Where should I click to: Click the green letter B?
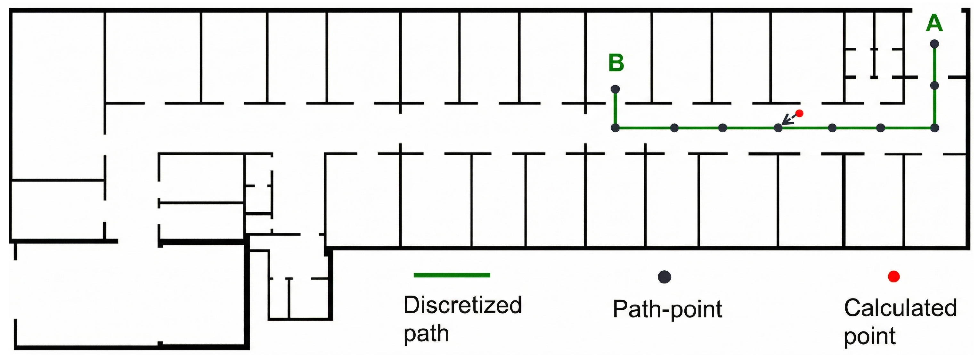point(616,63)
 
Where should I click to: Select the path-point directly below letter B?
point(615,89)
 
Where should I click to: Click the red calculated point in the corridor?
point(799,113)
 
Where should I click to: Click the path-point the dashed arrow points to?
point(778,128)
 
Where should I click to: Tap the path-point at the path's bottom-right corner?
point(935,128)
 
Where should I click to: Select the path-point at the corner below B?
point(615,128)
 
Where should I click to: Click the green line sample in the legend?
point(452,275)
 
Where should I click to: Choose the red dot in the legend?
point(894,276)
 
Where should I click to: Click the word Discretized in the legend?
point(462,305)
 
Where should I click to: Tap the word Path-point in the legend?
point(667,309)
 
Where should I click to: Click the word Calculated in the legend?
point(900,308)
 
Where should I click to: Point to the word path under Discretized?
point(426,333)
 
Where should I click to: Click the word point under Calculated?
point(869,336)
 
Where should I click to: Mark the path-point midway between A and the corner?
point(935,86)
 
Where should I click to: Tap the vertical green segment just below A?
point(935,65)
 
